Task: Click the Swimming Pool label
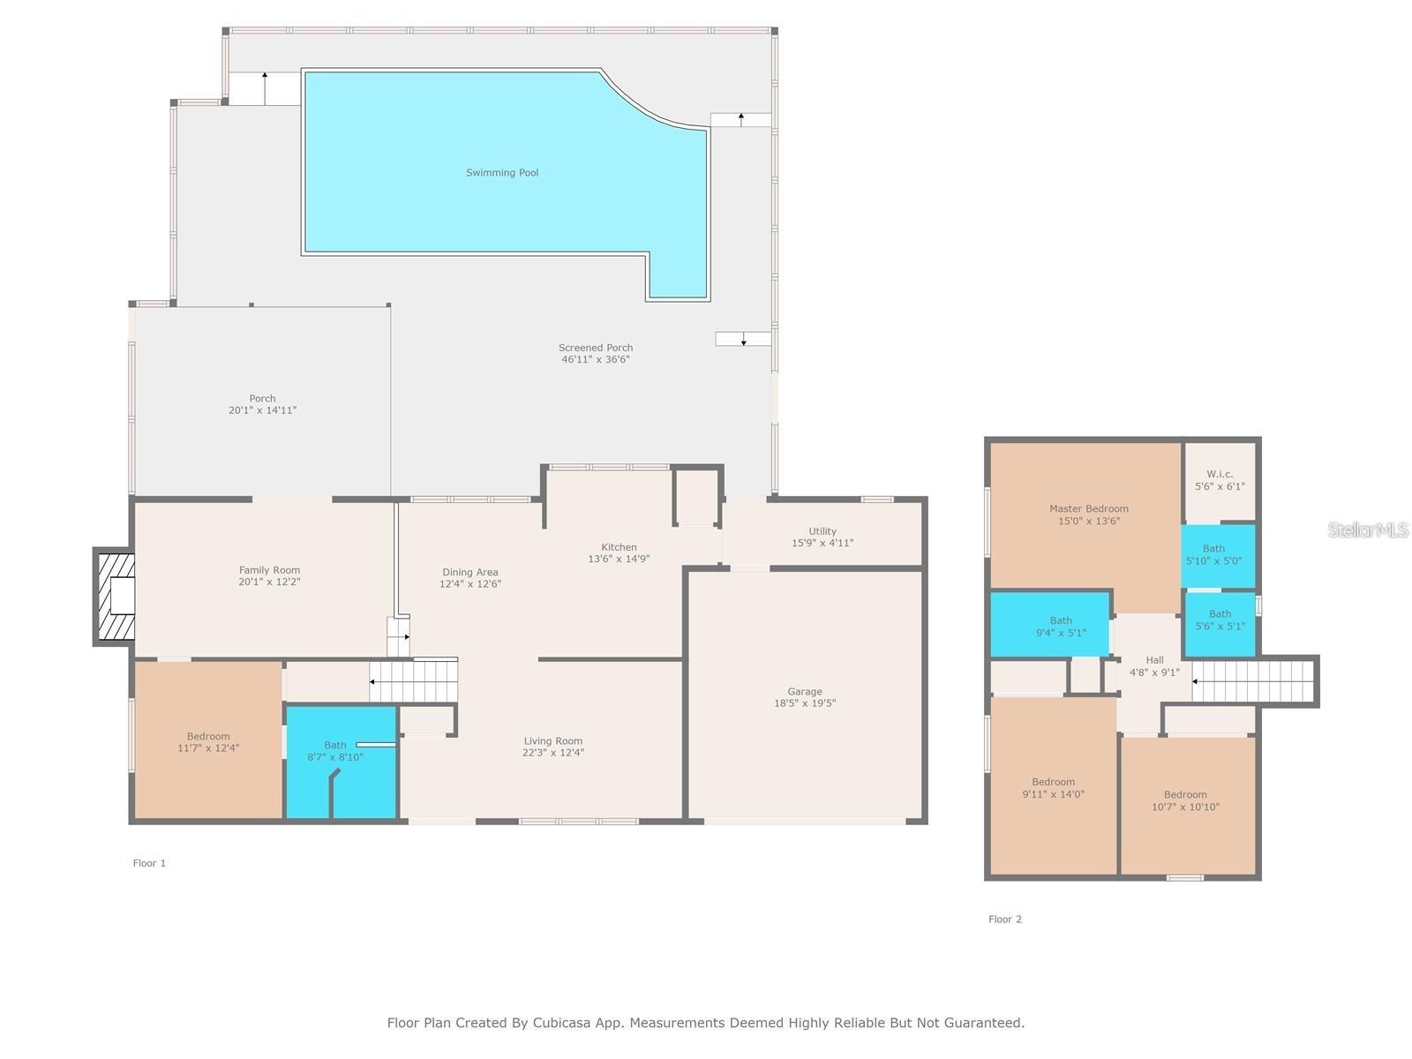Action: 502,173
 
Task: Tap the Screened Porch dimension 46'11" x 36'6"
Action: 596,359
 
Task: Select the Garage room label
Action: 804,692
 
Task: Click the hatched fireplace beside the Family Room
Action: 115,597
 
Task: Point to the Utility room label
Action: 822,531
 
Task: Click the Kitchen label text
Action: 619,547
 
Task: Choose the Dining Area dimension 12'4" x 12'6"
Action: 470,583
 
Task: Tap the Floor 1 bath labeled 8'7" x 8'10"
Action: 335,751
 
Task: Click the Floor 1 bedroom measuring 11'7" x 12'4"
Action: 208,742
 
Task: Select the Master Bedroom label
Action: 1088,508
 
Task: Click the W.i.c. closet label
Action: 1220,475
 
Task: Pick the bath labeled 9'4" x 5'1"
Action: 1060,626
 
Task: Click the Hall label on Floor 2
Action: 1154,660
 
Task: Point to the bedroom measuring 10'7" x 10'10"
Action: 1184,800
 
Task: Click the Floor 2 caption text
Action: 1004,919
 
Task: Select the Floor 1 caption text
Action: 149,863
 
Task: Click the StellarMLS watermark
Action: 1367,529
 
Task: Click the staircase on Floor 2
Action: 1253,681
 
